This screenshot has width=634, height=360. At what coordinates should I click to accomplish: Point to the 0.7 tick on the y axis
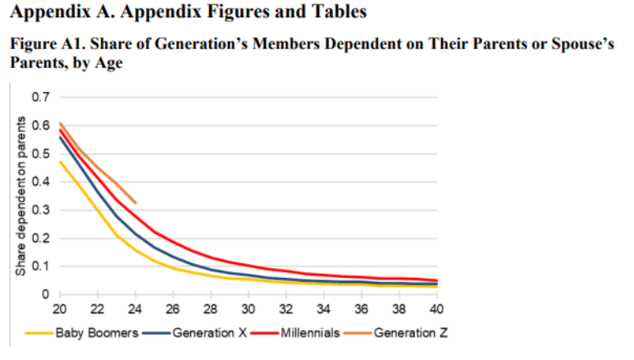point(38,98)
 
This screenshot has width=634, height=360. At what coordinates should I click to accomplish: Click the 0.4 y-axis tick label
point(38,182)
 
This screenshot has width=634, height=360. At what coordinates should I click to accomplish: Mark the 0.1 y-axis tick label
point(38,266)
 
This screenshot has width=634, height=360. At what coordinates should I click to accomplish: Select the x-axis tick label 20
point(60,309)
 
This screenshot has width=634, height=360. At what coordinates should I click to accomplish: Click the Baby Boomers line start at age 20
point(60,161)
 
